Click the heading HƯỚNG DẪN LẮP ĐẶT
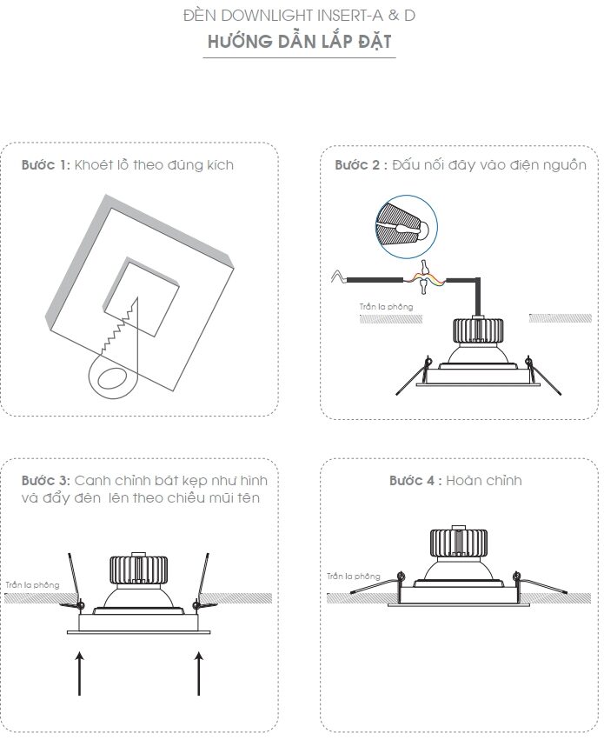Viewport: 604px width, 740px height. (300, 41)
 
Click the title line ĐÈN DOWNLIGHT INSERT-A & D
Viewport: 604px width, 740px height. (300, 16)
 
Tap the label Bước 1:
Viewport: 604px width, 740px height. (46, 164)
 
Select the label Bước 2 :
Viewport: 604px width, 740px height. (362, 164)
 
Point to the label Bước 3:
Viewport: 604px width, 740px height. (46, 480)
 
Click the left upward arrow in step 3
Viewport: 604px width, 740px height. (80, 673)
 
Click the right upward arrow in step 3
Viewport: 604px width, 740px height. (198, 673)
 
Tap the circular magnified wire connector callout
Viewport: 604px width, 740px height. (407, 227)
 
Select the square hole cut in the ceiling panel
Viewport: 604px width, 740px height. (142, 297)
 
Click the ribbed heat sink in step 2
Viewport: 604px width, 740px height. (478, 330)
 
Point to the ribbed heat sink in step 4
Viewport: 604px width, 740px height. (458, 543)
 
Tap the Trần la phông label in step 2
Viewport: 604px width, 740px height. (386, 307)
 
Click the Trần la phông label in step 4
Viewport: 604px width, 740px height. (354, 577)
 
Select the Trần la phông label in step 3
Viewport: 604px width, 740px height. (32, 585)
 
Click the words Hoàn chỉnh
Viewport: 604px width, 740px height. (484, 480)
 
